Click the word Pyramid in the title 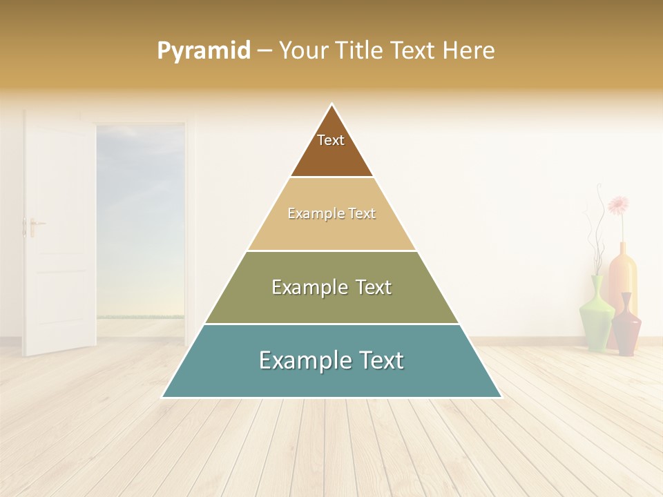204,51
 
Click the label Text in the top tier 331,140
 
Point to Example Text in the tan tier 331,213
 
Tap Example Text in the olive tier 331,287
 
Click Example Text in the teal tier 331,360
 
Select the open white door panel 59,235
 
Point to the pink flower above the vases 618,204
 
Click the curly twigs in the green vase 593,235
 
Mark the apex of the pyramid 331,105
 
